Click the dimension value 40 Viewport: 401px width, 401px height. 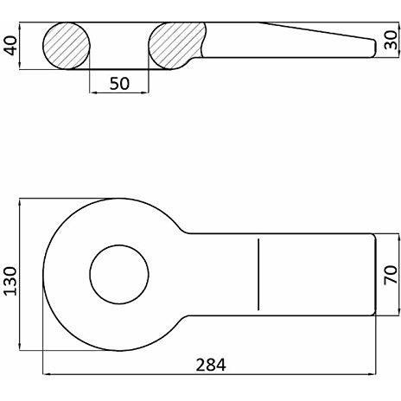pos(11,45)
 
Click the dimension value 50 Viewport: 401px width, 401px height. pos(119,84)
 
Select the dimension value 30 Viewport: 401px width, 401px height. pos(391,41)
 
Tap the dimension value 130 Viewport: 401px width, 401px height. pos(10,281)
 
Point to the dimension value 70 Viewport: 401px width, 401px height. pos(391,275)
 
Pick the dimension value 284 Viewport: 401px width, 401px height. pos(211,365)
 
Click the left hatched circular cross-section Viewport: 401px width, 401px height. pos(67,46)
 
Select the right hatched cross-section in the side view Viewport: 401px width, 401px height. pos(176,46)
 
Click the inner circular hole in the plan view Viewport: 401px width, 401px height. pos(119,275)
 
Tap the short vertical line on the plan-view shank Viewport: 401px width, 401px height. pos(258,275)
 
